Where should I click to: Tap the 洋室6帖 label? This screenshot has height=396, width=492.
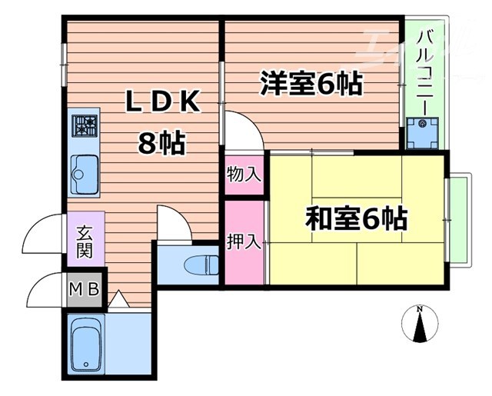311,83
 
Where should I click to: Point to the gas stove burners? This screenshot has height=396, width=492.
85,124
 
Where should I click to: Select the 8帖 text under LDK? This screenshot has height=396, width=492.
163,142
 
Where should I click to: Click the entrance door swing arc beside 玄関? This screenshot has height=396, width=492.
42,235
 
